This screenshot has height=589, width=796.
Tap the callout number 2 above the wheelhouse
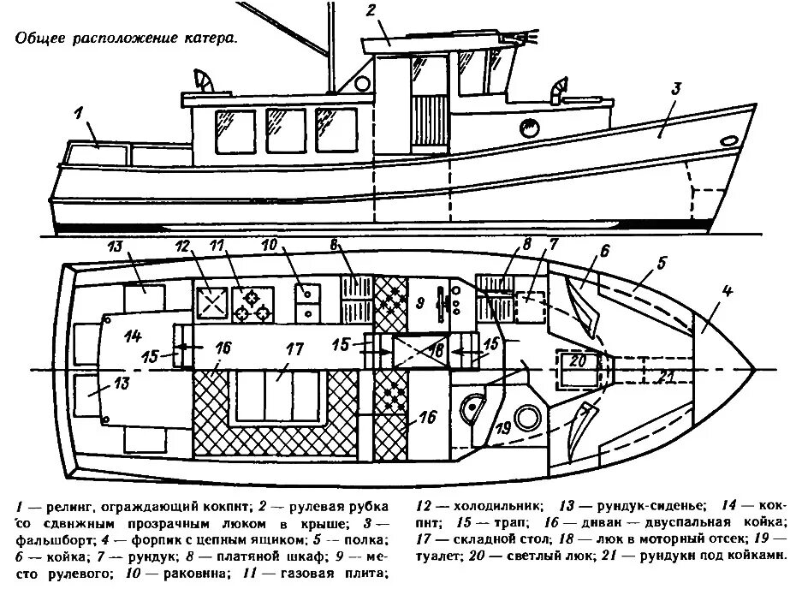[x=371, y=11]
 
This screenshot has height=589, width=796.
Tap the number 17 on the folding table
[x=294, y=349]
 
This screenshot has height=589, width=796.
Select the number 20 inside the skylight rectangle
[x=579, y=360]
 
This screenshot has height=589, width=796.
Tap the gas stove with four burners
[x=252, y=301]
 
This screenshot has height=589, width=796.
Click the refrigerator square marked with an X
[x=211, y=301]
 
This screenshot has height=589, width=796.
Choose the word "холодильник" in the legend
[x=496, y=504]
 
